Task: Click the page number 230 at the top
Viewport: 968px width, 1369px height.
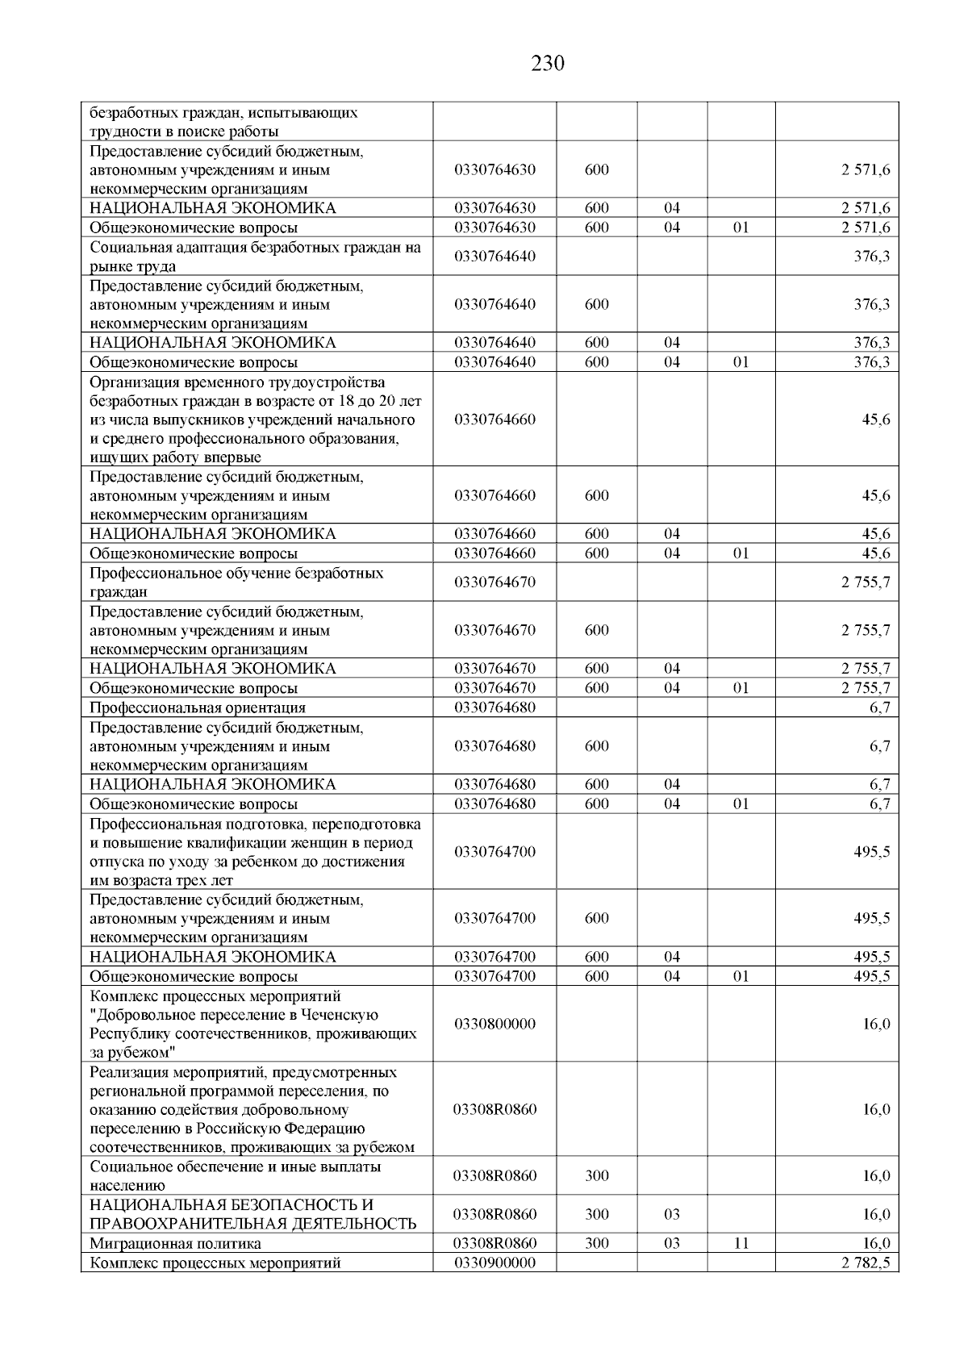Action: [x=548, y=64]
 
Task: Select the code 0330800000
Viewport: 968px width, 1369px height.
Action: [x=494, y=1024]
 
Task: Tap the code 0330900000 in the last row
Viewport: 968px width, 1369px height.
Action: [x=494, y=1263]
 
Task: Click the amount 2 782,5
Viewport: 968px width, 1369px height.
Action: [x=866, y=1263]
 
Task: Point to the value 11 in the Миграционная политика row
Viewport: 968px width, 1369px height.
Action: [x=741, y=1243]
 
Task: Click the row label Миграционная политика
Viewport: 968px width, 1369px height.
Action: [x=175, y=1243]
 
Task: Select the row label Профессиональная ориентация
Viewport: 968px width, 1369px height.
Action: [x=198, y=707]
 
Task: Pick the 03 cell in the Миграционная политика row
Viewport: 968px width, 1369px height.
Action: [x=672, y=1243]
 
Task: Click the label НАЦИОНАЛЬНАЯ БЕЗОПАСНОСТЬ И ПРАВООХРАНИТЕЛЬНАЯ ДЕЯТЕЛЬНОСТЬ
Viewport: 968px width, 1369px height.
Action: [x=252, y=1214]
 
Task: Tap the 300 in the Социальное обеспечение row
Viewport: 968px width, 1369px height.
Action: [x=597, y=1175]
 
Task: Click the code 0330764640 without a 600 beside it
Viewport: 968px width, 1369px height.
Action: [x=494, y=257]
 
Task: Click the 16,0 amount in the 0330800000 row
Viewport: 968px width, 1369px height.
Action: [x=876, y=1024]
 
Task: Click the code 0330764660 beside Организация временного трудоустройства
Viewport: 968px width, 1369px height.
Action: [x=494, y=419]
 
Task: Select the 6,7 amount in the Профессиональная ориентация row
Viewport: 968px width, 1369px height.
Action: [x=879, y=707]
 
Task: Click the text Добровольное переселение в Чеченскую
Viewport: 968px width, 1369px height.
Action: [x=234, y=1015]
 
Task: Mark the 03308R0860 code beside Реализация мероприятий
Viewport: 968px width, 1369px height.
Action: [x=494, y=1109]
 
